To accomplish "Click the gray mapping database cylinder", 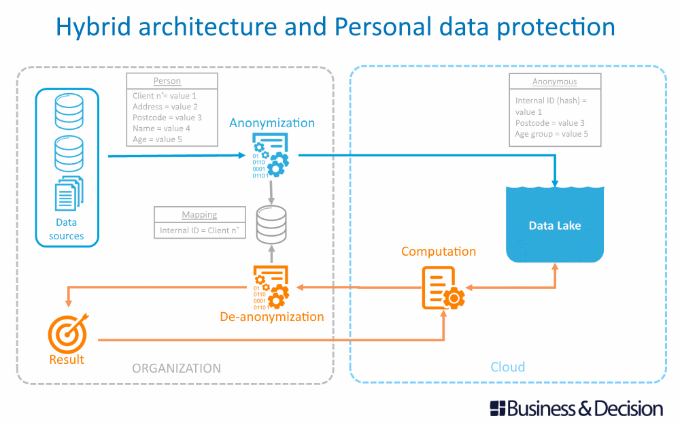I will (271, 225).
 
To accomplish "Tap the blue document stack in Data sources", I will (68, 193).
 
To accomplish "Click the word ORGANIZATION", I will (176, 369).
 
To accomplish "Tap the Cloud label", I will (508, 367).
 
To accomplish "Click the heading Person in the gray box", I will (167, 81).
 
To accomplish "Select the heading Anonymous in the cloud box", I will (554, 82).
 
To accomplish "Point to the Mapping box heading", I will (199, 215).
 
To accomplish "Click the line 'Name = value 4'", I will (161, 129).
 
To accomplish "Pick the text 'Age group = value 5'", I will (551, 134).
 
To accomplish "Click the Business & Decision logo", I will (576, 409).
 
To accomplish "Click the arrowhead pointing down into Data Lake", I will (556, 182).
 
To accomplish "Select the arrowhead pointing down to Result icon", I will (67, 302).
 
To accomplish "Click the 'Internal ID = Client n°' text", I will (199, 231).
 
